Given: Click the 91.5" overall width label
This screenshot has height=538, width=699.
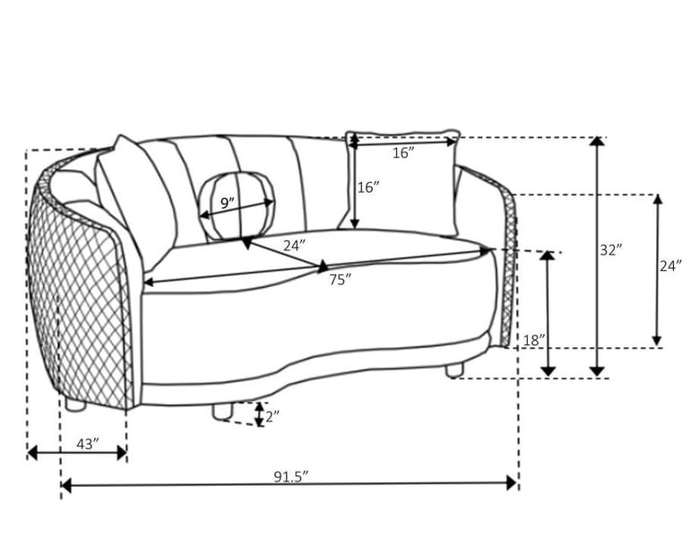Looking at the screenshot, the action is [291, 476].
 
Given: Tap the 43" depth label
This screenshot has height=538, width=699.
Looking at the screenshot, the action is [88, 444].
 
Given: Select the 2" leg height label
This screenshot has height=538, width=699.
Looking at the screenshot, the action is [272, 416].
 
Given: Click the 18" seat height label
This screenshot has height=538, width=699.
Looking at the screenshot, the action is [533, 341].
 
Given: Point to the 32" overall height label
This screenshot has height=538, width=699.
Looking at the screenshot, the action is [610, 250].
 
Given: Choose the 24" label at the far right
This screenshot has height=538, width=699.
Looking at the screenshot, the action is [670, 266].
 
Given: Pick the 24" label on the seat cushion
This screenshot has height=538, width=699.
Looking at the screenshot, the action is [294, 245].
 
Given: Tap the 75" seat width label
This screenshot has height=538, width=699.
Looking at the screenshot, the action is [341, 280].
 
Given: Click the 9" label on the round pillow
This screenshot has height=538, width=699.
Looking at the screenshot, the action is [228, 203].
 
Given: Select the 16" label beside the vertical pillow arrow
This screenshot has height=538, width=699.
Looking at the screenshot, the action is [368, 187].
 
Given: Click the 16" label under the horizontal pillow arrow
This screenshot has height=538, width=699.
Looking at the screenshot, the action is [403, 153].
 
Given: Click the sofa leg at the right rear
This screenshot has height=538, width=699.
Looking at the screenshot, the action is [454, 369].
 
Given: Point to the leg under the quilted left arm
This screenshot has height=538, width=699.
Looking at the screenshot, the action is [75, 404].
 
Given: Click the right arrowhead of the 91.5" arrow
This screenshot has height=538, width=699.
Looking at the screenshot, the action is [512, 482].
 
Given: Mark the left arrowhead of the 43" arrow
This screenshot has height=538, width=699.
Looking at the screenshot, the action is [32, 453].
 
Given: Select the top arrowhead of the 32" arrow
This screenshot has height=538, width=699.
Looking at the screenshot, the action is [597, 142].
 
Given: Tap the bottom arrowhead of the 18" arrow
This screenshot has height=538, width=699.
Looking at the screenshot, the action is [548, 370].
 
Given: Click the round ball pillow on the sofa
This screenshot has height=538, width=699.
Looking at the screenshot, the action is [237, 205].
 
